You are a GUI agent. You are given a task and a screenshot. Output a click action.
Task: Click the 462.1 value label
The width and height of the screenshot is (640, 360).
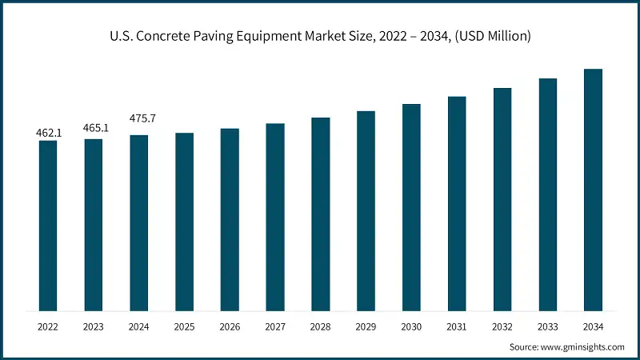tap(50, 133)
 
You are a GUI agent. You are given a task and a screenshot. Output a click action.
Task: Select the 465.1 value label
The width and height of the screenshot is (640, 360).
tap(95, 128)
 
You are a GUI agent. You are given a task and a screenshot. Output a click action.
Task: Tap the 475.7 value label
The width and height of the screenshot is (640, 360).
tap(142, 118)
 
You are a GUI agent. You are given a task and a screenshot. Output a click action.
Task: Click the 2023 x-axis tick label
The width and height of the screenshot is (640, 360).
tap(94, 326)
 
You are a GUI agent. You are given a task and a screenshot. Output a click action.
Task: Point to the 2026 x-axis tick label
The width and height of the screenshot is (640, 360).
tap(230, 326)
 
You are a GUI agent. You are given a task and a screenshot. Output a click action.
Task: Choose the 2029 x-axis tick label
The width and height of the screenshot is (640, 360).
tap(366, 326)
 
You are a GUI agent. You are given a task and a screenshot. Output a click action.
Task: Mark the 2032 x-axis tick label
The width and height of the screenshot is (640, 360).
tap(502, 326)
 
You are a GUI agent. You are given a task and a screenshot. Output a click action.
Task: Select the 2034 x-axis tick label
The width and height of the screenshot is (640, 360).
tap(593, 326)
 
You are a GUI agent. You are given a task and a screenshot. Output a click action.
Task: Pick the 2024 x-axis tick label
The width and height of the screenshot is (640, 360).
tap(139, 326)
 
